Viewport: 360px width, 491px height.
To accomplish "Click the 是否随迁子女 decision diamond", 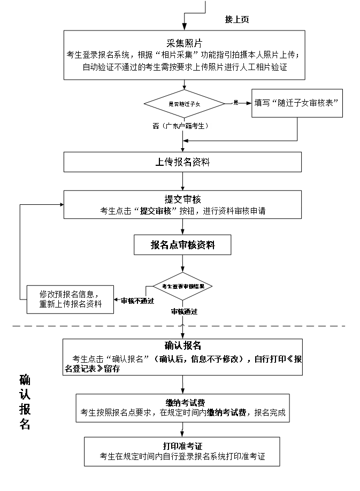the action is (184, 104).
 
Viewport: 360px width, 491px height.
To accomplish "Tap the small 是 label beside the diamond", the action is (235, 102).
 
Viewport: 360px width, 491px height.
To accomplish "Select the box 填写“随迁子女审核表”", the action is (297, 103).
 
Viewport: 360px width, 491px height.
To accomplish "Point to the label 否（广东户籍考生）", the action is (181, 126).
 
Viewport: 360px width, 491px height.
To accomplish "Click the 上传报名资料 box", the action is (182, 162).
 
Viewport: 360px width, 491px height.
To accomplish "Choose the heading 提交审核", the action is (182, 200).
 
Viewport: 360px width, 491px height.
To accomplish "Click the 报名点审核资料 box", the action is (182, 245).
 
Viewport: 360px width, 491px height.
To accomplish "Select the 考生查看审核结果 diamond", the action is (183, 286).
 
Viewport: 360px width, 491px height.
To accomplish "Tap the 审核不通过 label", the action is (137, 301).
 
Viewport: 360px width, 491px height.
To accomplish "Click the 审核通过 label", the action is (183, 312).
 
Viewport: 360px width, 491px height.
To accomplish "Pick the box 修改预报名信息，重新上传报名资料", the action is (70, 299).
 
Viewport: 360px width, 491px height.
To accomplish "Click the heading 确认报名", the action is (182, 346).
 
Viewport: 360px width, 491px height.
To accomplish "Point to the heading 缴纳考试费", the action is (182, 403).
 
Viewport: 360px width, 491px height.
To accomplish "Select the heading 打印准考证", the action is (182, 446).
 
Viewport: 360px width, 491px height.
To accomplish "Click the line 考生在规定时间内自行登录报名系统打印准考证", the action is (182, 457).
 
